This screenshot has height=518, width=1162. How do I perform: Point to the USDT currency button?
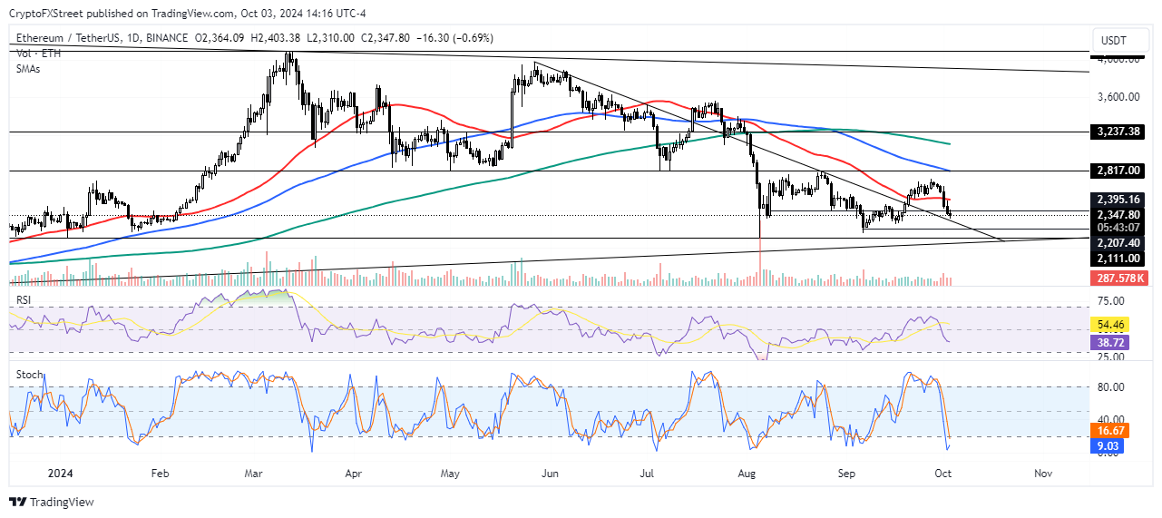pyautogui.click(x=1113, y=41)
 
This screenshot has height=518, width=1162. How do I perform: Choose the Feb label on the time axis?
pyautogui.click(x=160, y=473)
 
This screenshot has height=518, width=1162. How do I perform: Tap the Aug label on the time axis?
pyautogui.click(x=747, y=473)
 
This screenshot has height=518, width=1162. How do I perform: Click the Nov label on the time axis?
pyautogui.click(x=1043, y=473)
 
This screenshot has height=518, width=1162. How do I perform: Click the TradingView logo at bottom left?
pyautogui.click(x=52, y=502)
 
